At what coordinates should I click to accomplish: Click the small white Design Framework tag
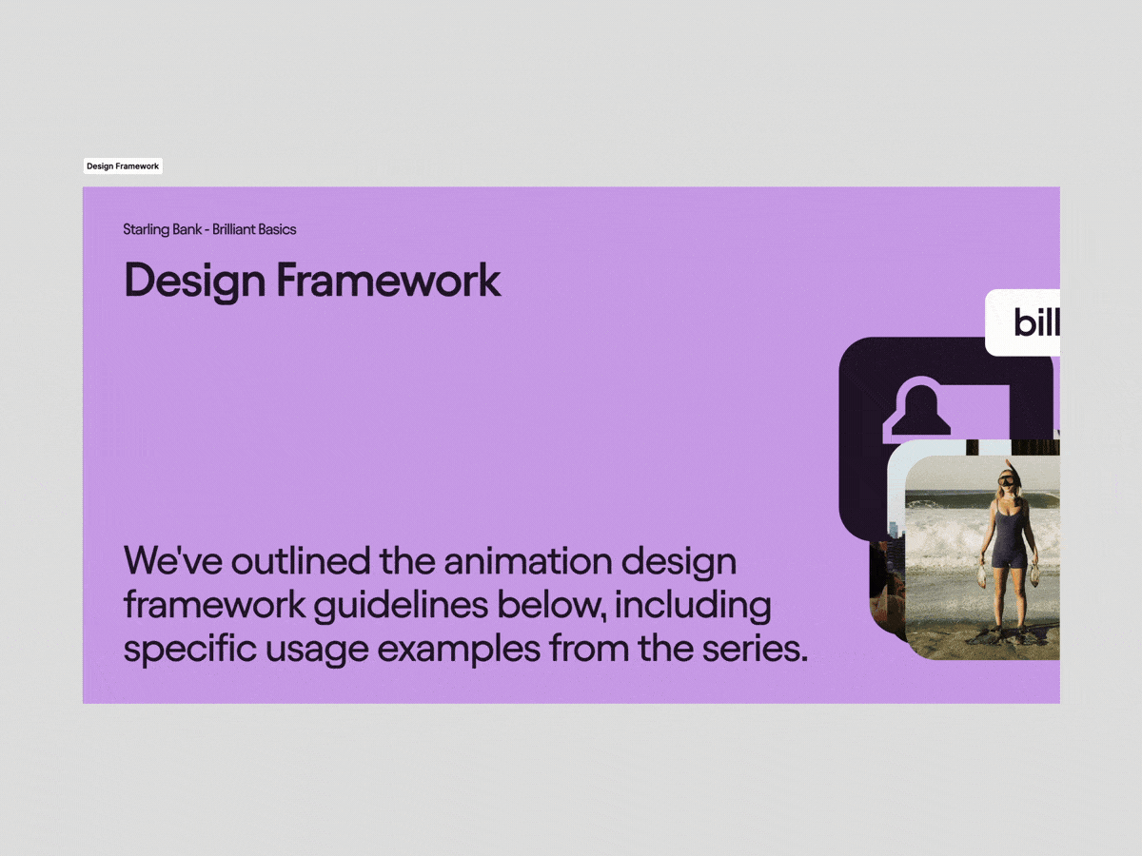123,166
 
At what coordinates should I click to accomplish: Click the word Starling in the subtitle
148,230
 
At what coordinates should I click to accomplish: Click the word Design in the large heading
195,282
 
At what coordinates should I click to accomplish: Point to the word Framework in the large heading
388,281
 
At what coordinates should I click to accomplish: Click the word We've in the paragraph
173,561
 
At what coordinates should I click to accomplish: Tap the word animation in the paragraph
527,561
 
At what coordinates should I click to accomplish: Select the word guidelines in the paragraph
402,606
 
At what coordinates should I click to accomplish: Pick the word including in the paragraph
693,606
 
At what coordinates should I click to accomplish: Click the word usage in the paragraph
317,651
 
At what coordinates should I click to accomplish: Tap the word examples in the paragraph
459,650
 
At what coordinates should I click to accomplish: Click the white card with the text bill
1022,322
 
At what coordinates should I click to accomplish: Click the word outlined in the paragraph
301,561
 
